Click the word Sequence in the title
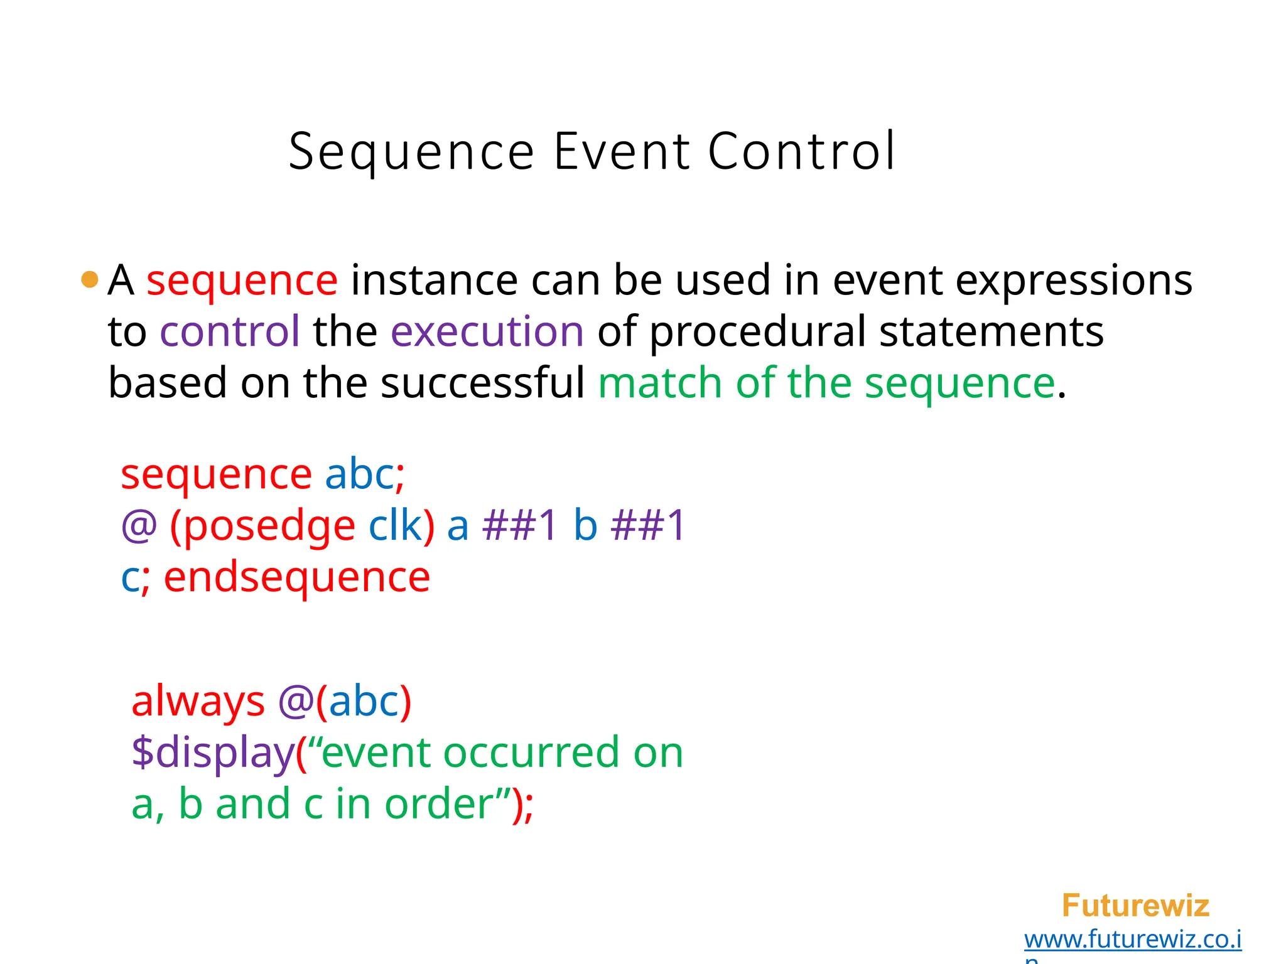tap(411, 153)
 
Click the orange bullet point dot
tap(90, 279)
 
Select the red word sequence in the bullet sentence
tap(242, 281)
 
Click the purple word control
tap(230, 331)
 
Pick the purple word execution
tap(487, 331)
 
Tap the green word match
tap(660, 383)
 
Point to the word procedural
tap(757, 333)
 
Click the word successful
tap(482, 383)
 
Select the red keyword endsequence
tap(297, 577)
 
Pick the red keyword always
tap(198, 702)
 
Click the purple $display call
tap(213, 753)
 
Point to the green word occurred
tap(531, 753)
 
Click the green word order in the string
tap(440, 805)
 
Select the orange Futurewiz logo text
tap(1135, 906)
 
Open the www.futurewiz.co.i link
tap(1132, 940)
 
